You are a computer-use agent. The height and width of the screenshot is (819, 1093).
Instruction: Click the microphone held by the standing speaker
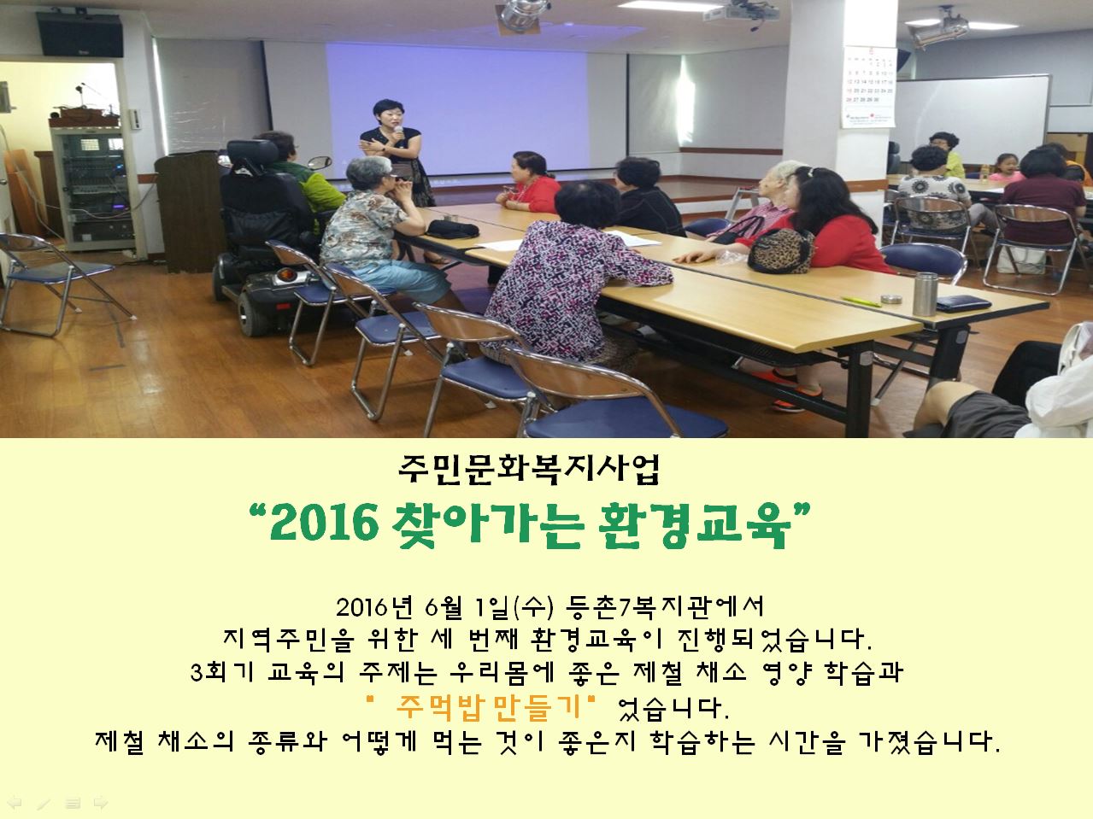tap(399, 133)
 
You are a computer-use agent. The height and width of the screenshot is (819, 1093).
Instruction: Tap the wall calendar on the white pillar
tap(869, 87)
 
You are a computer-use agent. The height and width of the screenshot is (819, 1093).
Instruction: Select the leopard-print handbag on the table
tap(780, 251)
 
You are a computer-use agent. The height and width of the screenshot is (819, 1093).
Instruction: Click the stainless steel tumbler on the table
tap(926, 294)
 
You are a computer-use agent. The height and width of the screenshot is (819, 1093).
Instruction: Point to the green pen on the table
tap(861, 301)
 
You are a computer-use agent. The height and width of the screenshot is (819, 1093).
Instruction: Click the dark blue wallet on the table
tap(963, 302)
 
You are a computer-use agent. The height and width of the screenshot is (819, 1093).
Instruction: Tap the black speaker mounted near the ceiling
tap(79, 35)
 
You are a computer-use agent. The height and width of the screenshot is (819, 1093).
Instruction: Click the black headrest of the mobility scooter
tap(252, 153)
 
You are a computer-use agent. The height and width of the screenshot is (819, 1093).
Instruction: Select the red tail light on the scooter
tap(285, 274)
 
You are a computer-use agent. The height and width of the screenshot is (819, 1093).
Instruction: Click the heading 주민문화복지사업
tap(529, 470)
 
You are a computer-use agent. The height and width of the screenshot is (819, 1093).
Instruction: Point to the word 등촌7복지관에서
tap(665, 607)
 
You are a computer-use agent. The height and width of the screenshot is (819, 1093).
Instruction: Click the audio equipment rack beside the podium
tap(93, 188)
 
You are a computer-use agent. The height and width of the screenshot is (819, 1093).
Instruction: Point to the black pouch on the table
tap(452, 230)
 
